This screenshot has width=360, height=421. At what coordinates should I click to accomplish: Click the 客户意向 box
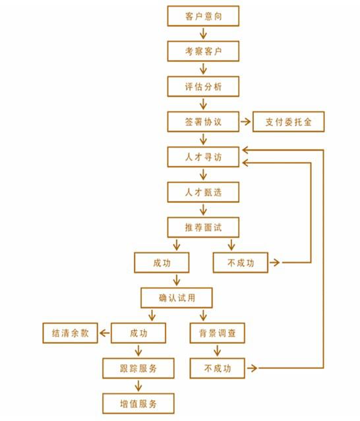click(203, 16)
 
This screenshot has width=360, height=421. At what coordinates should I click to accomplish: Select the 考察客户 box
click(203, 51)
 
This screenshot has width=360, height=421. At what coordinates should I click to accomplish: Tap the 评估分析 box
click(203, 86)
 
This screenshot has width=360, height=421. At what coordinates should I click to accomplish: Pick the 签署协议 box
click(203, 122)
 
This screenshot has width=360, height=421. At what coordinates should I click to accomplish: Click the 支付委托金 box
click(289, 122)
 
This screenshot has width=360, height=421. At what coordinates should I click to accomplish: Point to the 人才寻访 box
click(203, 157)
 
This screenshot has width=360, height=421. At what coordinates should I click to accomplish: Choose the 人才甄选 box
click(203, 192)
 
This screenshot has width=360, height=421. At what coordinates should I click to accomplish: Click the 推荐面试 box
click(203, 227)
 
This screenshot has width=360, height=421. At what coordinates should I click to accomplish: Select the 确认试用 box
click(177, 298)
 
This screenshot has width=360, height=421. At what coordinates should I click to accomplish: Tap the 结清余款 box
click(70, 333)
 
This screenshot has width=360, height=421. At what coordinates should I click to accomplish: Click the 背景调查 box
click(217, 333)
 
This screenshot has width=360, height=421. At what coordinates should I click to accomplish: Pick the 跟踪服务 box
click(138, 368)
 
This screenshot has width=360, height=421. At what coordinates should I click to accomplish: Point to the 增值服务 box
click(138, 404)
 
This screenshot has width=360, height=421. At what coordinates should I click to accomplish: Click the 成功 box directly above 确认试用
click(162, 263)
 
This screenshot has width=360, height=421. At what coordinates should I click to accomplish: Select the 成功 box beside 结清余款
click(138, 333)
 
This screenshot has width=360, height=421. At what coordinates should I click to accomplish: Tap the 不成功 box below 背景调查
click(217, 368)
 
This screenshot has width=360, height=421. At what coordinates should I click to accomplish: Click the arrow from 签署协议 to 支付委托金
click(245, 122)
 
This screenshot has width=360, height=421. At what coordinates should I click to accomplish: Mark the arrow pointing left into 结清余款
click(105, 333)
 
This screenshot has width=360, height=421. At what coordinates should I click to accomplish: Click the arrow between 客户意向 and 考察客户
click(203, 34)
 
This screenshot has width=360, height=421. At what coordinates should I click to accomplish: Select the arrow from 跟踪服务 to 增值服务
click(138, 386)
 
